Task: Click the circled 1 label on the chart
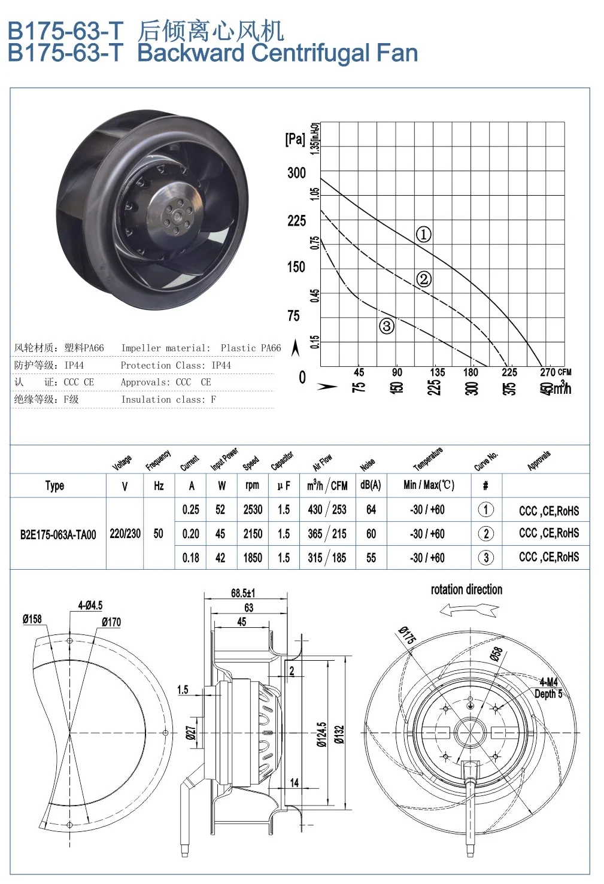424,235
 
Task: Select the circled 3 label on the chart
387,326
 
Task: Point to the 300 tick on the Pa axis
296,173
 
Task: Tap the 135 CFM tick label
438,372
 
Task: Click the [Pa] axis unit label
295,139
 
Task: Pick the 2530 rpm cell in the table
253,509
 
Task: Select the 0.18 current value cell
191,558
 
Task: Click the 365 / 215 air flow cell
327,533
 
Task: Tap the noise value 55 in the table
371,558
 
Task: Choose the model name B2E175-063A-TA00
58,534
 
